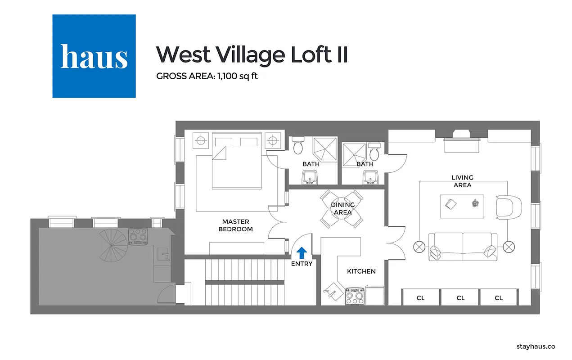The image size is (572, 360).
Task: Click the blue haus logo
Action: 94,56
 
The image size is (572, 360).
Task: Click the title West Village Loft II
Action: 252,54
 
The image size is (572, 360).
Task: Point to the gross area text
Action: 207,76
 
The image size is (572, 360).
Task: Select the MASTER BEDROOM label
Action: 235,225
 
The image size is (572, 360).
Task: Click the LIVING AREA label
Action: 462,181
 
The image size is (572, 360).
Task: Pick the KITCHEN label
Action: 361,271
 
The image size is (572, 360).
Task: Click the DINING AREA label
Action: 342,208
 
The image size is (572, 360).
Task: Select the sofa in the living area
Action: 463,246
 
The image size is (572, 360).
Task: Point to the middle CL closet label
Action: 460,297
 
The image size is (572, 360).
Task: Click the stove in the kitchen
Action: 354,296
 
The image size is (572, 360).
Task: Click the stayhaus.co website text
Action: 535,346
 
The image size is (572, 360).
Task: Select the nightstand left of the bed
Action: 201,140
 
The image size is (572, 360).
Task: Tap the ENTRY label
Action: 302,264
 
